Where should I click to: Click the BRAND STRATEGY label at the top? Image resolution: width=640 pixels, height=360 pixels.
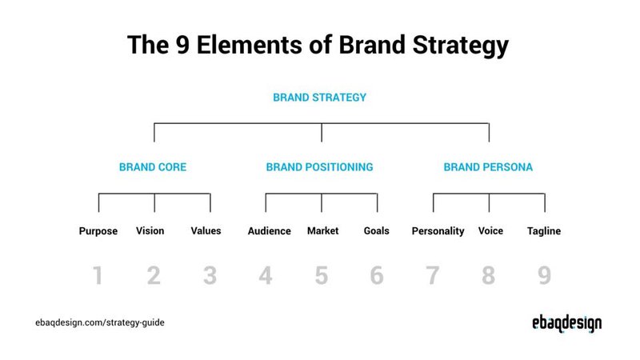[x=319, y=98]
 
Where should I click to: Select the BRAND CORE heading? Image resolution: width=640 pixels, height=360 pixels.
[x=153, y=168]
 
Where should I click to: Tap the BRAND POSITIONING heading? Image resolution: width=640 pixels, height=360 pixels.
[x=319, y=168]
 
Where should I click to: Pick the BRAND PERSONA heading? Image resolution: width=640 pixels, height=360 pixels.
[x=488, y=168]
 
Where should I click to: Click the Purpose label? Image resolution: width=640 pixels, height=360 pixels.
[x=98, y=231]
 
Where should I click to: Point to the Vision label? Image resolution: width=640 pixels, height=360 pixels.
[x=150, y=231]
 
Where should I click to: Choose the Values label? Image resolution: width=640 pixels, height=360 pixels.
[x=206, y=231]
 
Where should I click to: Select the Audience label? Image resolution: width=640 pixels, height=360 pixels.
[x=270, y=231]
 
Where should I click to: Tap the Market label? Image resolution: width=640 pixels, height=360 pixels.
[x=322, y=231]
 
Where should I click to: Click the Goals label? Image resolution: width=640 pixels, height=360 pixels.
[x=376, y=231]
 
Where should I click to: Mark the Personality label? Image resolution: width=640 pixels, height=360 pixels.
[x=438, y=231]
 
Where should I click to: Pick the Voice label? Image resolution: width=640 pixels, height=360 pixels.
[x=490, y=231]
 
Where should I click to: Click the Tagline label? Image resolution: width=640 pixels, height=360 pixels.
[x=544, y=231]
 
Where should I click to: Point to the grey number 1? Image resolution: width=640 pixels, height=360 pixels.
[x=98, y=276]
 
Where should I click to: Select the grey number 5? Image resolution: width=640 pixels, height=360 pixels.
[x=321, y=276]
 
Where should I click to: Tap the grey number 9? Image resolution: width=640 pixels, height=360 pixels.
[x=544, y=276]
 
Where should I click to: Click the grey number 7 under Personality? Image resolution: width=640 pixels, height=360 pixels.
[x=433, y=276]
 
